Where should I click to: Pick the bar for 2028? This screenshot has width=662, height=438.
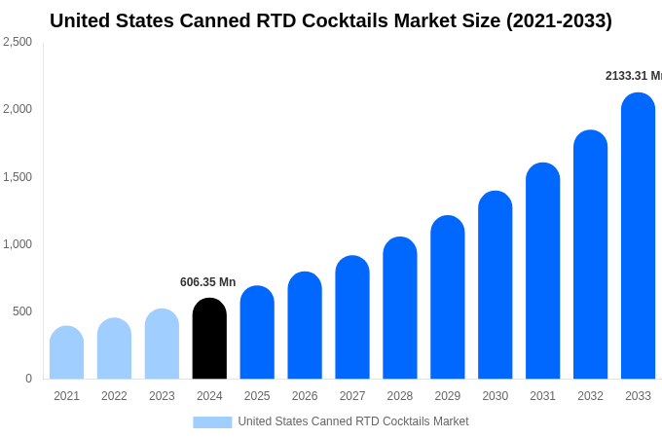pos(400,309)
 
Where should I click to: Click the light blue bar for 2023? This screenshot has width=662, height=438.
pos(162,345)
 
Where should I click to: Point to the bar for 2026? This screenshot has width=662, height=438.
pos(305,326)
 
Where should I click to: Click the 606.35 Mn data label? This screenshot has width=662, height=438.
pos(207,282)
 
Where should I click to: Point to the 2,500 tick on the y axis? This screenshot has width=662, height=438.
pos(18,42)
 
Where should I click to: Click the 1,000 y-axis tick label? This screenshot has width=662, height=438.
pos(18,244)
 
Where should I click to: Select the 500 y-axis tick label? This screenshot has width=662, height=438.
pos(21,311)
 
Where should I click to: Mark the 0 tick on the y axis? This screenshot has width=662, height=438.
pos(28,379)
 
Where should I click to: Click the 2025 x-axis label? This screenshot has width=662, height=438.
pos(257,396)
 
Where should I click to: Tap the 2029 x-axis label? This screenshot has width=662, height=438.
pos(448,396)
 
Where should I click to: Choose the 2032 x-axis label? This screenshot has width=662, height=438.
pos(590,396)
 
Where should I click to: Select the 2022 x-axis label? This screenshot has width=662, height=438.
pos(114,396)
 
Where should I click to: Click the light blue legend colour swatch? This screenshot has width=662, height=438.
pos(212,422)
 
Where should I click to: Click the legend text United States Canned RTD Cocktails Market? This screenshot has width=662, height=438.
pos(353,421)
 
